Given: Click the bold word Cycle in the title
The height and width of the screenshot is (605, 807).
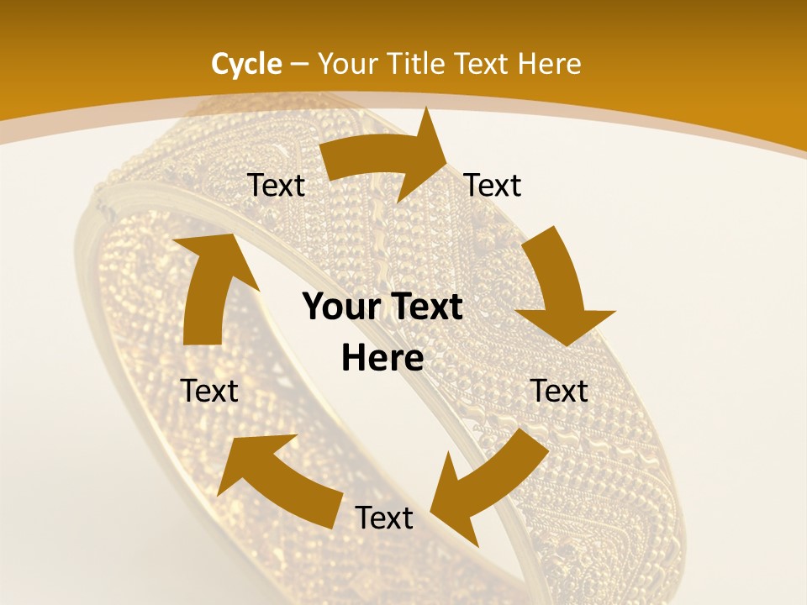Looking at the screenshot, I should point(246,64).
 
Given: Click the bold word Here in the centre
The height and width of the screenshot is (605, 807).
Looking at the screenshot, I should point(382,359).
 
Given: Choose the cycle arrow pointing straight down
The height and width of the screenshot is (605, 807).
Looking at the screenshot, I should point(558,286).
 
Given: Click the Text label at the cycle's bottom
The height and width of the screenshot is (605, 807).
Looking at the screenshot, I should point(384,518).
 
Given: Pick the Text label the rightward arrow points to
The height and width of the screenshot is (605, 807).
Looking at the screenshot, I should point(493,185).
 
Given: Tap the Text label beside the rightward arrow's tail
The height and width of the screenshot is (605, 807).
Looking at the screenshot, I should point(276,185).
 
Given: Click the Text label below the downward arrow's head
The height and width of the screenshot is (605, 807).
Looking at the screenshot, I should point(560,391).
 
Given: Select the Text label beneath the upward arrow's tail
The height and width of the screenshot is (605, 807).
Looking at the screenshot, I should point(209,391).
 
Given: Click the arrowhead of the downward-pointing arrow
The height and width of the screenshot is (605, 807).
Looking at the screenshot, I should point(565,324).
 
